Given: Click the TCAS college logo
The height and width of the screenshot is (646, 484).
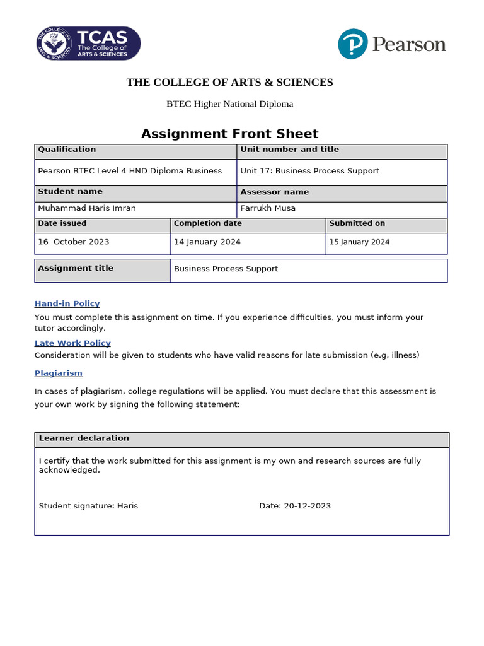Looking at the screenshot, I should (x=88, y=44).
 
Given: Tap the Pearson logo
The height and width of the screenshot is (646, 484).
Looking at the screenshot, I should (x=391, y=44).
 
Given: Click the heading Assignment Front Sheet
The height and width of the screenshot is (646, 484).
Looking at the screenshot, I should (x=229, y=134).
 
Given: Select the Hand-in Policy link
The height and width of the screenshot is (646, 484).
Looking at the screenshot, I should (x=67, y=303).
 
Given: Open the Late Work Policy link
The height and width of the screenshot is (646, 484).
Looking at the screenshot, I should (x=72, y=343).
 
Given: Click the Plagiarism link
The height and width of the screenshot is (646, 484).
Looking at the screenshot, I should (x=58, y=373).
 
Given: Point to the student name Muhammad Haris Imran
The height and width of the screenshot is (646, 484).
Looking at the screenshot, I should (x=86, y=208).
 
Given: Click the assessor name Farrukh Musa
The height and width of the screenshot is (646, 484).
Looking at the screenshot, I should (x=268, y=208).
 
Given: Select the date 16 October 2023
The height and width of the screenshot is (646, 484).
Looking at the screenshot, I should (x=73, y=242).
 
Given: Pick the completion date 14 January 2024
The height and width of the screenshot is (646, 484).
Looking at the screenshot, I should (x=207, y=242).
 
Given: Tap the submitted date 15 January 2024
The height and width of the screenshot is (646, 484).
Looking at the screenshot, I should (x=359, y=242).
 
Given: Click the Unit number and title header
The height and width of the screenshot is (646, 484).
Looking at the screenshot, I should (x=289, y=150).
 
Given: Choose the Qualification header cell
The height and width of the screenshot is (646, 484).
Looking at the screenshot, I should (x=67, y=150).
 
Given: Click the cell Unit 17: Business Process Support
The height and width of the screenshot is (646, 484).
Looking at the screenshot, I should (x=309, y=171).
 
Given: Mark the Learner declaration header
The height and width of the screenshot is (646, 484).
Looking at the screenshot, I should (x=84, y=438).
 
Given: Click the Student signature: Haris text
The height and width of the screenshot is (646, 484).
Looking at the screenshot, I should (x=88, y=506).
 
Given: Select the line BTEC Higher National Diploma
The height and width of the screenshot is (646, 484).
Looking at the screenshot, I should (x=229, y=104).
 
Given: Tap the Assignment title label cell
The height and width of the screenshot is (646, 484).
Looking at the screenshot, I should (x=76, y=268).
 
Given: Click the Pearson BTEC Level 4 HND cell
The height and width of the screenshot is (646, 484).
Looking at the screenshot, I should (x=130, y=171).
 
